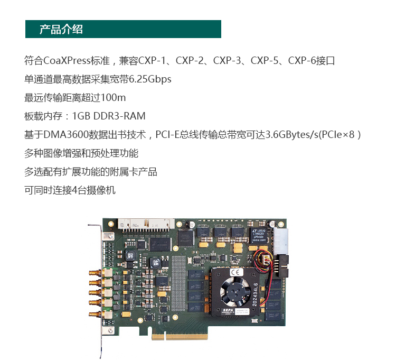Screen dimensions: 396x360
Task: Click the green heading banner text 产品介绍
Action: coord(61,29)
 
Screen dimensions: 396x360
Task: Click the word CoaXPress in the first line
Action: coord(67,61)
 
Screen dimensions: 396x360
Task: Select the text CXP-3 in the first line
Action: coord(227,61)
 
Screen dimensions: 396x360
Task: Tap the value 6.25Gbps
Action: coord(150,79)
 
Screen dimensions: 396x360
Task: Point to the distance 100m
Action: coord(113,98)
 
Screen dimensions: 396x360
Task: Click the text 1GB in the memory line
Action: coord(81,116)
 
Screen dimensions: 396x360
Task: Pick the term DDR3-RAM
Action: coord(119,116)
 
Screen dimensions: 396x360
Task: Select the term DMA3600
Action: coord(66,134)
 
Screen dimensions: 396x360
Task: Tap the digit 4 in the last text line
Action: coord(74,190)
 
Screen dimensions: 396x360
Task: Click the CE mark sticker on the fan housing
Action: coord(237,272)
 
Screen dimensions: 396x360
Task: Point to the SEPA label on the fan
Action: coord(228,311)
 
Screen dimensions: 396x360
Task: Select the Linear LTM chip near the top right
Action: coord(259,235)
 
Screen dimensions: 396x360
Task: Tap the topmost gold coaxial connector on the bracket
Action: coord(97,273)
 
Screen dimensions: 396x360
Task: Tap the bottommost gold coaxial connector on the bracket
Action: coord(97,314)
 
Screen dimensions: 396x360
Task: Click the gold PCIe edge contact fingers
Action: coord(180,337)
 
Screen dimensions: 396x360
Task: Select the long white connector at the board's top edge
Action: coord(146,225)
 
